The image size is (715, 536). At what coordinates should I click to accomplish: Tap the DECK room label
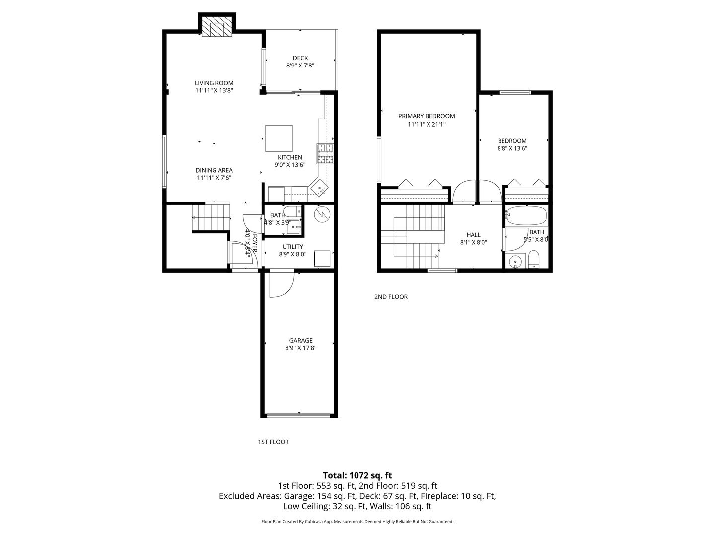pyautogui.click(x=300, y=58)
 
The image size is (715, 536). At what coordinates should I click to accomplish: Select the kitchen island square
pyautogui.click(x=279, y=138)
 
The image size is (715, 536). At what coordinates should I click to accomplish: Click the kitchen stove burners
pyautogui.click(x=325, y=153)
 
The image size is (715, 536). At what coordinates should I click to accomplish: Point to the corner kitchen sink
pyautogui.click(x=319, y=187)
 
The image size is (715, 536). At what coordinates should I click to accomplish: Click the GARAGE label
pyautogui.click(x=301, y=340)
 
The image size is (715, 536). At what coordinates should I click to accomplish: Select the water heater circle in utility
pyautogui.click(x=322, y=214)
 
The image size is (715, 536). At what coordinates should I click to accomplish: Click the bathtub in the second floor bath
pyautogui.click(x=527, y=215)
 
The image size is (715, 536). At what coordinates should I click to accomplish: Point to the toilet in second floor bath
pyautogui.click(x=533, y=259)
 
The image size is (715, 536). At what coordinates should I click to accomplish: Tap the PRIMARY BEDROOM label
pyautogui.click(x=427, y=116)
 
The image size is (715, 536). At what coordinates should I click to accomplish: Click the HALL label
pyautogui.click(x=473, y=235)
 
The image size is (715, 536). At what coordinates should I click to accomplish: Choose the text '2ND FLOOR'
pyautogui.click(x=391, y=297)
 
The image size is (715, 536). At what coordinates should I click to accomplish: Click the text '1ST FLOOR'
pyautogui.click(x=273, y=442)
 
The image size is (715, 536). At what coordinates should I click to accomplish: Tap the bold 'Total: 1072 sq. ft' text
pyautogui.click(x=357, y=475)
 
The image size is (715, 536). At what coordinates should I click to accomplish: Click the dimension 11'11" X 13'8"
pyautogui.click(x=214, y=90)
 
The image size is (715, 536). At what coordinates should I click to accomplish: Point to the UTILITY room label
pyautogui.click(x=292, y=246)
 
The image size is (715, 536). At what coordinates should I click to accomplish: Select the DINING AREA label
pyautogui.click(x=214, y=170)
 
